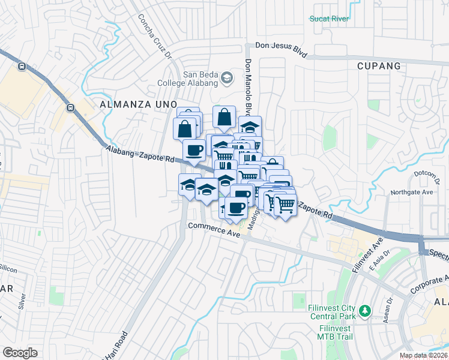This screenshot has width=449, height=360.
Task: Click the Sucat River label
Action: (329, 19)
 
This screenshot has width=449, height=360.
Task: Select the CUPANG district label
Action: (378, 65)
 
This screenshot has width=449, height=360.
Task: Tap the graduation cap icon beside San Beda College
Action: (227, 77)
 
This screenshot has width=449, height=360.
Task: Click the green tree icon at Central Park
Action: (364, 311)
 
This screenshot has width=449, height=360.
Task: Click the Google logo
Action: (20, 352)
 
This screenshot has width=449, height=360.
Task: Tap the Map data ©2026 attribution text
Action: (423, 355)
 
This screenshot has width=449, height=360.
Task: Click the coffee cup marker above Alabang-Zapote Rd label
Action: (193, 150)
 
